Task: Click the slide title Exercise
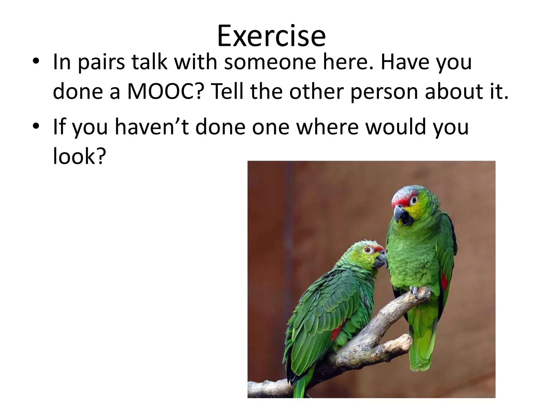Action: click(x=271, y=36)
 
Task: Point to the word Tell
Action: click(x=228, y=92)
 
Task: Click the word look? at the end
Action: click(x=79, y=156)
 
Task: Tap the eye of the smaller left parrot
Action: click(x=367, y=250)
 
